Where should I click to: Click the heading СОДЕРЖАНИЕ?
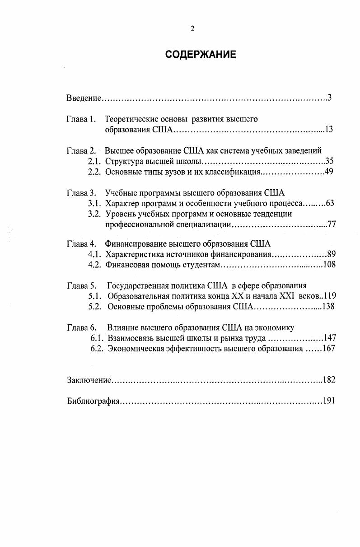(x=201, y=55)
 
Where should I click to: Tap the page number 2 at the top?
(x=192, y=29)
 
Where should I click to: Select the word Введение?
(x=83, y=98)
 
